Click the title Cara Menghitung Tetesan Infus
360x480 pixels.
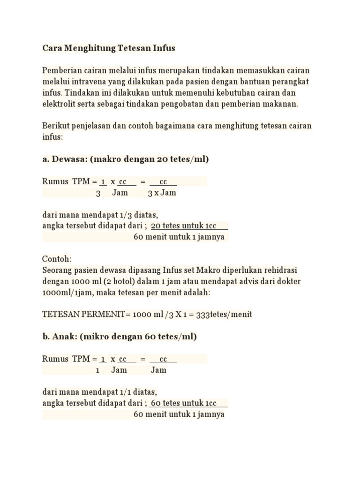[x=109, y=48]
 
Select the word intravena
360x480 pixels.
[x=89, y=82]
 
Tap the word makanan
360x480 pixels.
[x=283, y=104]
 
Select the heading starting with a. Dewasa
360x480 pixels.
[x=125, y=159]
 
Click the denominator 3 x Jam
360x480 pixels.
[x=162, y=193]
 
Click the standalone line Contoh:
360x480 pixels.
[x=57, y=259]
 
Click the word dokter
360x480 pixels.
[x=288, y=281]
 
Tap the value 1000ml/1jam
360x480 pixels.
[x=65, y=292]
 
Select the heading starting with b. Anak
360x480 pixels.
[x=120, y=337]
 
